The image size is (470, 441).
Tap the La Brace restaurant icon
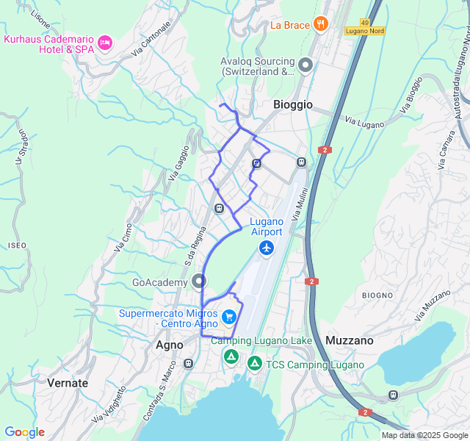pyautogui.click(x=320, y=24)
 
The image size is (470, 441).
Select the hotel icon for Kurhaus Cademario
pyautogui.click(x=105, y=44)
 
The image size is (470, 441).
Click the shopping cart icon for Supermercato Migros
pyautogui.click(x=229, y=318)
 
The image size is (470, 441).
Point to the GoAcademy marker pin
pyautogui.click(x=199, y=281)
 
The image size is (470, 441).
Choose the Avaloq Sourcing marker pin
pyautogui.click(x=305, y=66)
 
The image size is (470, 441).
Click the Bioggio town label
pyautogui.click(x=293, y=105)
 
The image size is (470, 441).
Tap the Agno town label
pyautogui.click(x=170, y=344)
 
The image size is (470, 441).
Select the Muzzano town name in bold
pyautogui.click(x=350, y=340)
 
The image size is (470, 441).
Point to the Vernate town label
pyautogui.click(x=68, y=383)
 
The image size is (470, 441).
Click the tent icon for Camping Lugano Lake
pyautogui.click(x=231, y=357)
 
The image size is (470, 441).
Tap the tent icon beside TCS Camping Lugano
pyautogui.click(x=255, y=363)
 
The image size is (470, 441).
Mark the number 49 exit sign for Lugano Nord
pyautogui.click(x=365, y=23)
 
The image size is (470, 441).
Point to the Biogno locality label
pyautogui.click(x=377, y=295)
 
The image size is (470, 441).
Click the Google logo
pyautogui.click(x=24, y=432)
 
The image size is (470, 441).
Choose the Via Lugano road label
pyautogui.click(x=364, y=123)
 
